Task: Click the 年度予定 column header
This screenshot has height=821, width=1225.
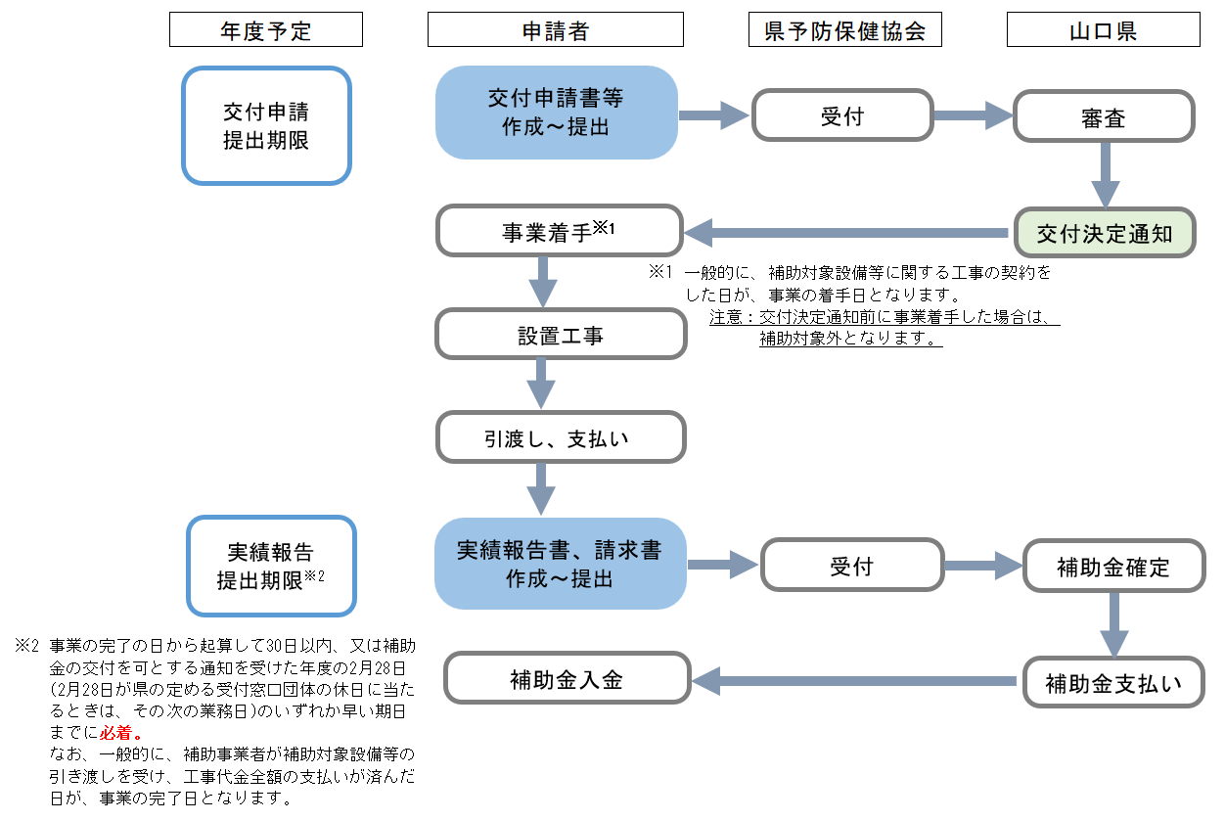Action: [x=265, y=30]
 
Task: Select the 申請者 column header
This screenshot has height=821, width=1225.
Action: [x=555, y=30]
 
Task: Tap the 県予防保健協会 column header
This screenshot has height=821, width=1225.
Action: [x=844, y=30]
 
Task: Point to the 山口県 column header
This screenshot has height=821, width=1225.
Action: [x=1103, y=30]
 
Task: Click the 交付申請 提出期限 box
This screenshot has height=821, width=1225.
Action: [x=266, y=125]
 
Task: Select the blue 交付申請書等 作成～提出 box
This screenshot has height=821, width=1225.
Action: [x=556, y=113]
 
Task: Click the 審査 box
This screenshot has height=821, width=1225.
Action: [x=1103, y=117]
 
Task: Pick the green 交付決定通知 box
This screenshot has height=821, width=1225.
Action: [x=1104, y=233]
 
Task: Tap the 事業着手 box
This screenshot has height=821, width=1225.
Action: [x=559, y=232]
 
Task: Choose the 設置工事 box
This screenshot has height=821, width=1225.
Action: [x=560, y=335]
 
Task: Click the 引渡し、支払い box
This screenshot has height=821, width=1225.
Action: [x=560, y=437]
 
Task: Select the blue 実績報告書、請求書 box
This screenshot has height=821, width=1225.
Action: [x=560, y=564]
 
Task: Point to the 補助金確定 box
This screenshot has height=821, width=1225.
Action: [x=1113, y=566]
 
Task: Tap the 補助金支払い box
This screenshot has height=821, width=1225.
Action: [x=1113, y=681]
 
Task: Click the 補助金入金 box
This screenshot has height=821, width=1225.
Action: [x=567, y=679]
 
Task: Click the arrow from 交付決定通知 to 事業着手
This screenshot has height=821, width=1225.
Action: [x=846, y=233]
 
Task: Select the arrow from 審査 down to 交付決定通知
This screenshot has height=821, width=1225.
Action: [x=1105, y=174]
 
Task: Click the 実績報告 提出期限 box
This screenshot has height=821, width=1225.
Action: [x=270, y=567]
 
